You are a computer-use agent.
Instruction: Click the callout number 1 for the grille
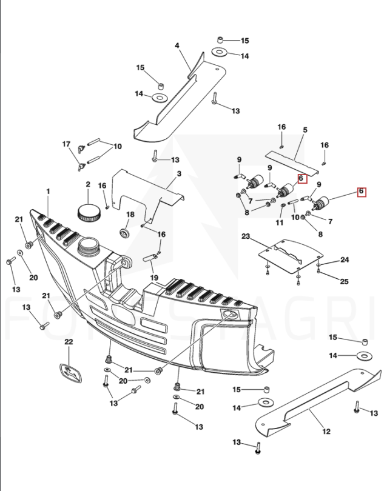49,192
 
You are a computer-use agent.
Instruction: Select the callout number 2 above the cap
88,184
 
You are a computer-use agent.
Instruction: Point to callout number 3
179,174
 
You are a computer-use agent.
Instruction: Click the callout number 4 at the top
177,45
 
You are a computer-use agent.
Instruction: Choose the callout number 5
305,130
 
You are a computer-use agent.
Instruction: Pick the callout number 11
280,222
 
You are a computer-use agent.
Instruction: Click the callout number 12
326,431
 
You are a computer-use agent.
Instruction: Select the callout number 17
67,144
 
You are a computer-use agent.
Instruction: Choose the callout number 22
69,342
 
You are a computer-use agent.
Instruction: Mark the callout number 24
345,260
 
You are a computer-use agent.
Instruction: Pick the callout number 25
344,281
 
